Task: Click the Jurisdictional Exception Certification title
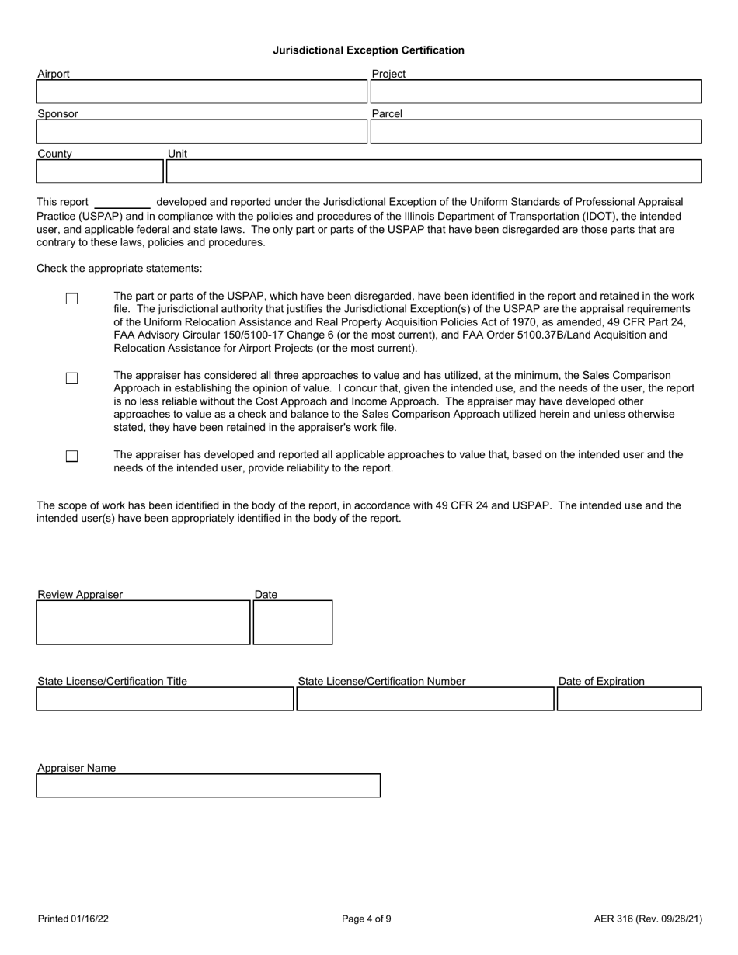[368, 50]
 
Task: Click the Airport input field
[201, 92]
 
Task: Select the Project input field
[535, 92]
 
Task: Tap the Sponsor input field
[201, 132]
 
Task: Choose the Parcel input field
[535, 132]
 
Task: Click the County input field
[100, 172]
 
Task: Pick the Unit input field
[434, 172]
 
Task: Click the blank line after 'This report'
[122, 203]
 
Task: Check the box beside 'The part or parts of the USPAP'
[71, 299]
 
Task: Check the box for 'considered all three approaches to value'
[71, 378]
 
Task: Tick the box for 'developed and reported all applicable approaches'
[71, 457]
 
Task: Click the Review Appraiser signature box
[143, 623]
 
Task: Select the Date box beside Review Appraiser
[293, 623]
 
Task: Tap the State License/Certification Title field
[165, 700]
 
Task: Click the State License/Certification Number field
[424, 700]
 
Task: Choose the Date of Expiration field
[629, 700]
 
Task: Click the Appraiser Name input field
[208, 786]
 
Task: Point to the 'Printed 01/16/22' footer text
[73, 919]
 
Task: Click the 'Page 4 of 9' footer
[367, 919]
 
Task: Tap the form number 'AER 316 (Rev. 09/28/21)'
[648, 919]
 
